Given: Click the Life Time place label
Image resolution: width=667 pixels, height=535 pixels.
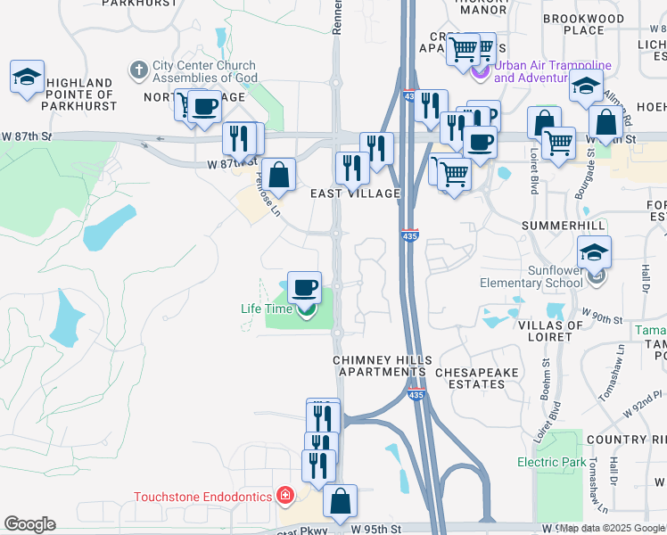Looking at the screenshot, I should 267,309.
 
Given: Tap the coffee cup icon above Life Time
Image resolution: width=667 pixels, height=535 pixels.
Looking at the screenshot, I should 304,287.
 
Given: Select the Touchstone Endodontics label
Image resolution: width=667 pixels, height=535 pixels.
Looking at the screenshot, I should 203,497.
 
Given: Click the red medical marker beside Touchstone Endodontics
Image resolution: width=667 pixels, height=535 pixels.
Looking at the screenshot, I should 284,494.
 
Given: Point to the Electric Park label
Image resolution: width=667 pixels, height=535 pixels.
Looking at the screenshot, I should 552,462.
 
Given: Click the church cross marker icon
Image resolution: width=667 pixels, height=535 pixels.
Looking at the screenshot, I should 138,69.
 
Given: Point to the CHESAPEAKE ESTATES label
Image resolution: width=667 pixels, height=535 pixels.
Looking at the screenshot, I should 470,377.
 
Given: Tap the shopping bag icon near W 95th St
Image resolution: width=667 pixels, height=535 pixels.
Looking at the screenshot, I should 340,501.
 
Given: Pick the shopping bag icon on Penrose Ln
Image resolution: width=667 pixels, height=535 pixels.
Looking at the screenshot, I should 279,175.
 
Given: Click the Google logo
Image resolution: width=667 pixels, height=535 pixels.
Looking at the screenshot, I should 29,524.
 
